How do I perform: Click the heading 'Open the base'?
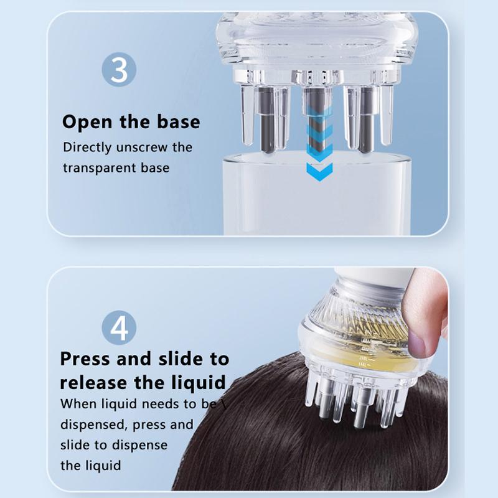click(131, 121)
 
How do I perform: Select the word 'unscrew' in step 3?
click(145, 148)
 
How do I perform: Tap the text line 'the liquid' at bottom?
click(90, 465)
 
